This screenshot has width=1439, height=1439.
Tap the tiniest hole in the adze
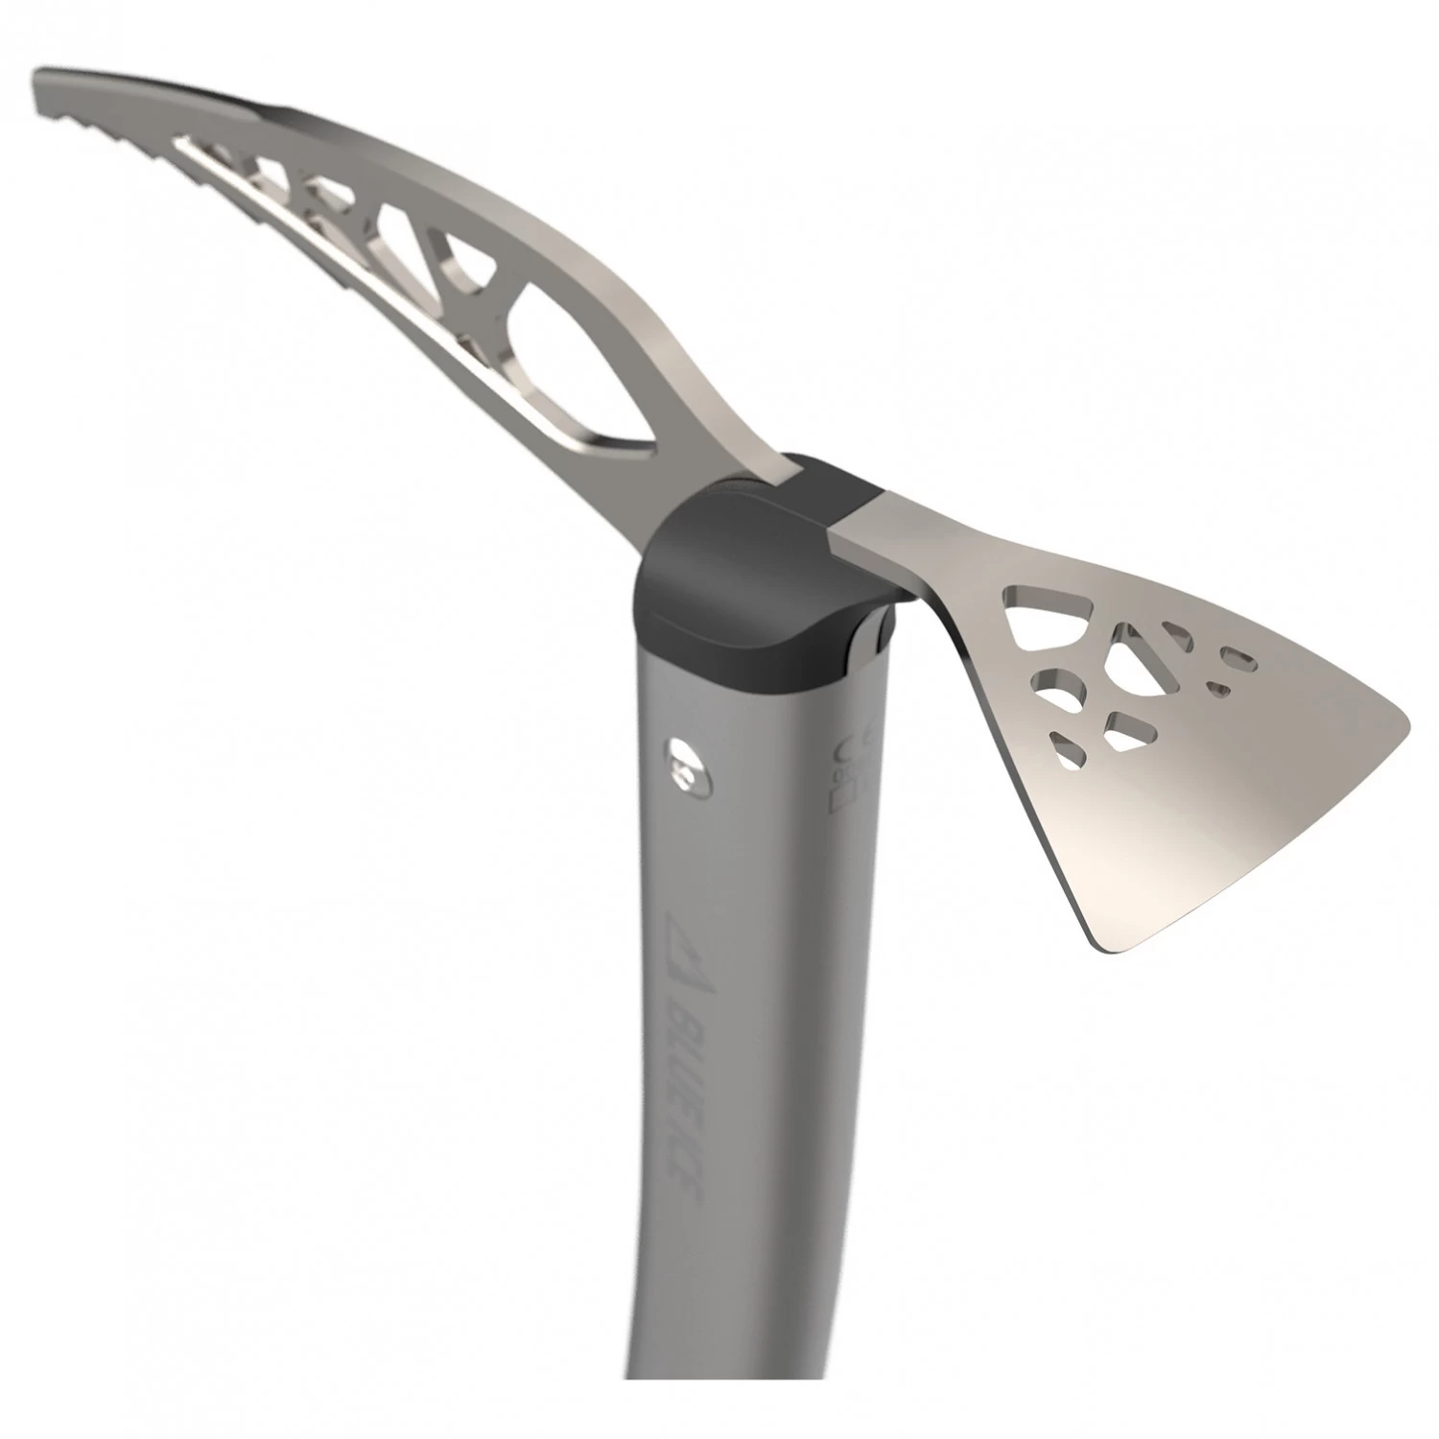pos(1218,687)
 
